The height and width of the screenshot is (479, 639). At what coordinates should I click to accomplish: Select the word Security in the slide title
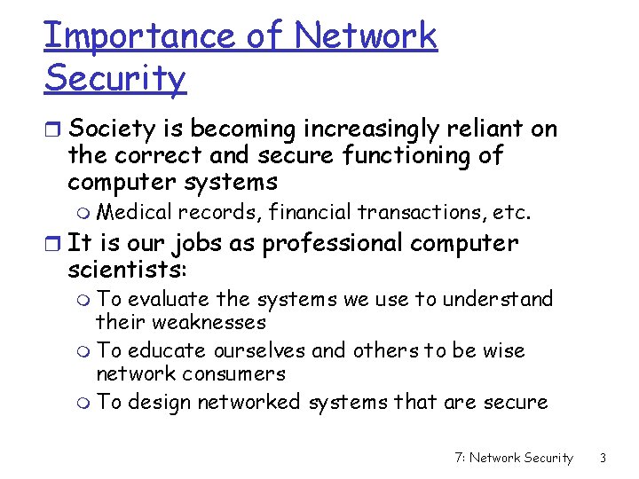(x=114, y=78)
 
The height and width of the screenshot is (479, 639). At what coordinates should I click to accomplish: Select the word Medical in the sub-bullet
(x=134, y=213)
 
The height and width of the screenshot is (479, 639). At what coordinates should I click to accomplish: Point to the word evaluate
(x=168, y=300)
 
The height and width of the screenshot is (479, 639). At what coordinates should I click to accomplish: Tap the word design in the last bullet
(x=160, y=403)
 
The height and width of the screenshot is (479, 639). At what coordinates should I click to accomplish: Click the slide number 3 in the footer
(x=603, y=458)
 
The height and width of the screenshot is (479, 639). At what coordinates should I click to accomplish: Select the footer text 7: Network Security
(x=513, y=458)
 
